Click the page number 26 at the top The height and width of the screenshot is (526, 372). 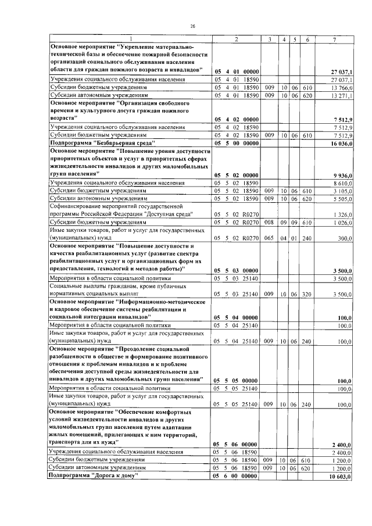point(192,26)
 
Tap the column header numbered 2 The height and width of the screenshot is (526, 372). point(236,39)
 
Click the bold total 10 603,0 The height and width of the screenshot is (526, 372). point(341,476)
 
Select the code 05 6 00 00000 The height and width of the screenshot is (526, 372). point(236,476)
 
